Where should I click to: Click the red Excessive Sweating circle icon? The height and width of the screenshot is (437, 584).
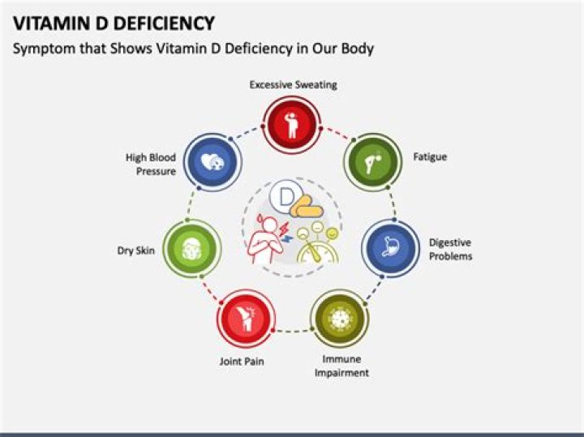[292, 125]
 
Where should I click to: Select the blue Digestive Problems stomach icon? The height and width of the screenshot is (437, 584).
[391, 248]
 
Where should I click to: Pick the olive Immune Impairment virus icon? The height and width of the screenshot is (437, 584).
[340, 319]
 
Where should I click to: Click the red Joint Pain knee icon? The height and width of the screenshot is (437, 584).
[247, 319]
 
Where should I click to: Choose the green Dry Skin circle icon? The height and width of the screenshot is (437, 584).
[192, 249]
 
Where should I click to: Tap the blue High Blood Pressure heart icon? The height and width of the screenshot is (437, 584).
[213, 162]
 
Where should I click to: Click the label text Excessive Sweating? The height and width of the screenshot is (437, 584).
[293, 85]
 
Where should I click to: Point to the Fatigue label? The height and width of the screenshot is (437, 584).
[430, 156]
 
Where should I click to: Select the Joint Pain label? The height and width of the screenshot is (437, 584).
[242, 362]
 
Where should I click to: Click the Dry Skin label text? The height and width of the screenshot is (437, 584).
[136, 251]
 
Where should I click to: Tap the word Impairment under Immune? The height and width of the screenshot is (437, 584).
[341, 373]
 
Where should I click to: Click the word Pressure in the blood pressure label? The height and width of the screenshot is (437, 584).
[156, 171]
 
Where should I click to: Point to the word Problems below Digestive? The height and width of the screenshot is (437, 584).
[451, 256]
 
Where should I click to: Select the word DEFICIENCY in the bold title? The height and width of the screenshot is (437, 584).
[164, 23]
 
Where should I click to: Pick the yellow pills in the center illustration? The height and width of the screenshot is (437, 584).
[307, 207]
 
